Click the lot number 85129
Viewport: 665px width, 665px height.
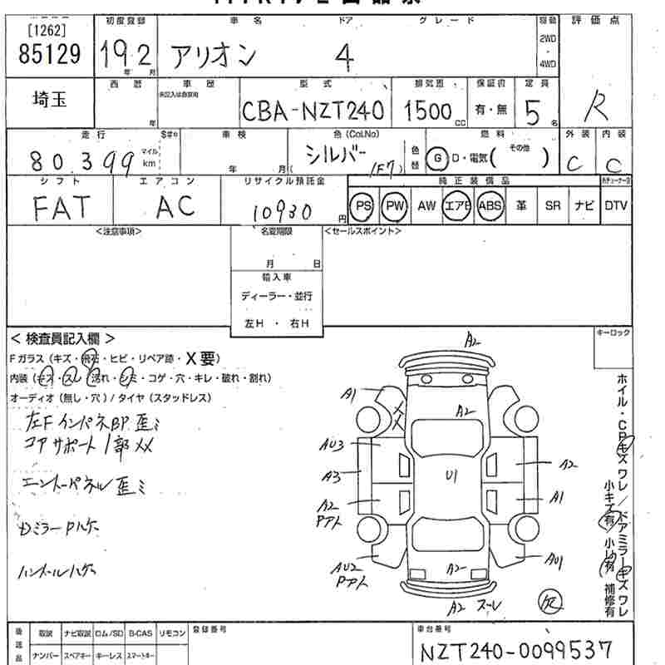[x=49, y=55]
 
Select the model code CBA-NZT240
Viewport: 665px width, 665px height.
[x=313, y=111]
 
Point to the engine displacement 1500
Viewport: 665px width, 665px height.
[x=428, y=111]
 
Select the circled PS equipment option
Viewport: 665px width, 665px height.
[x=362, y=205]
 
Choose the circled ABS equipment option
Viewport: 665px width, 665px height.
[x=490, y=205]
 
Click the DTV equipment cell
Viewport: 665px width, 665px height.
[x=616, y=205]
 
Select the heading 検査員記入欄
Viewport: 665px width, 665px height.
[x=62, y=338]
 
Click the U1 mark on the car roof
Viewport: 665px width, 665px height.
[x=452, y=476]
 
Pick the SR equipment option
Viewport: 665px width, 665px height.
[x=552, y=205]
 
